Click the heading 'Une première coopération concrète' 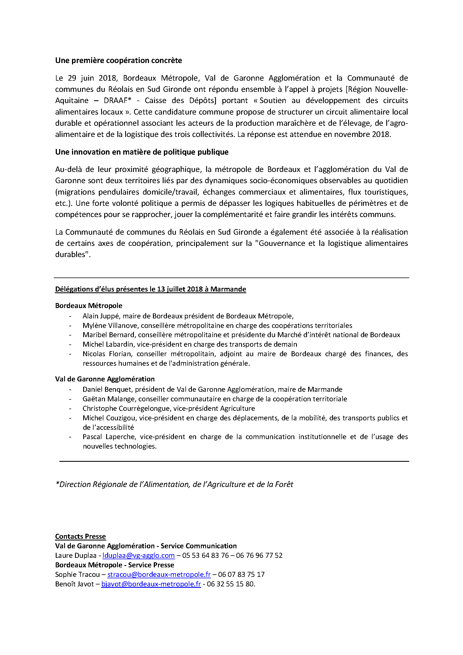[x=118, y=60]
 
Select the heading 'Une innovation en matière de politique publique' [x=142, y=152]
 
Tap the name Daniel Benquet [x=107, y=390]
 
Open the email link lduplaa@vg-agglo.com [x=138, y=555]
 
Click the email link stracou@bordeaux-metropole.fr [x=159, y=575]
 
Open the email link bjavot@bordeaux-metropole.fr [x=151, y=584]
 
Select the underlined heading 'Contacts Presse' [x=80, y=536]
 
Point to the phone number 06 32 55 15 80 [x=231, y=584]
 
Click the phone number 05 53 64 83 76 [x=205, y=555]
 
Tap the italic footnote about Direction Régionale [x=174, y=484]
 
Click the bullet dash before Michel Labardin [x=70, y=345]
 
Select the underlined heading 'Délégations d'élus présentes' [x=150, y=289]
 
